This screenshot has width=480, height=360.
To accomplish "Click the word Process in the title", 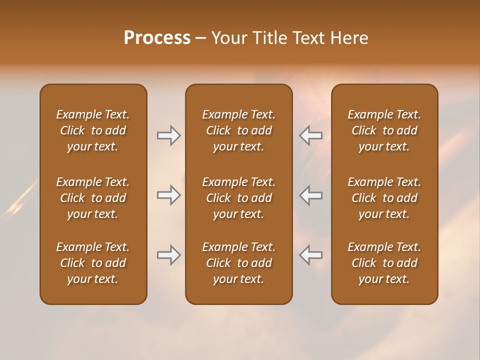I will tap(157, 38).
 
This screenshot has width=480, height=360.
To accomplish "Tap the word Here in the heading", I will tap(349, 38).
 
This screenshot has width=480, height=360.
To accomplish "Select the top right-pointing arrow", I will tap(168, 135).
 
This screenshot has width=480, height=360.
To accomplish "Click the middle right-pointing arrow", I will tap(168, 195).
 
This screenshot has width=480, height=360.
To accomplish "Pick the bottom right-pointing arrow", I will tap(168, 255).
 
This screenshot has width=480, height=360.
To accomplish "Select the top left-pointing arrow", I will tap(311, 135).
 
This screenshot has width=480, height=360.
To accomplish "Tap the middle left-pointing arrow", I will tap(311, 195).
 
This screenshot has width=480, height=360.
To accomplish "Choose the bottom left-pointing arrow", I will tap(311, 255).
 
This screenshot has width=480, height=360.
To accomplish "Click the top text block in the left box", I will tap(93, 130).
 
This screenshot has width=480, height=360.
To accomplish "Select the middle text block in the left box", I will tap(93, 198).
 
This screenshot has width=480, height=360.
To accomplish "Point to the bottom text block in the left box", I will tap(93, 263).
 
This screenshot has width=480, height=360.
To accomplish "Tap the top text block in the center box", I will tap(238, 130).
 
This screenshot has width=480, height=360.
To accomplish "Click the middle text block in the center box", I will tap(238, 198).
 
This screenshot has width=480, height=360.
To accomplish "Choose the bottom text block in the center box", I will tap(238, 263).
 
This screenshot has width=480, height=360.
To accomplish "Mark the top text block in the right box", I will tap(384, 130).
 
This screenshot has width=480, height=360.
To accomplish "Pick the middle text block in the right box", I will tap(384, 198).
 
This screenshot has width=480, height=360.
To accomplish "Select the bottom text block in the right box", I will tap(384, 263).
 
